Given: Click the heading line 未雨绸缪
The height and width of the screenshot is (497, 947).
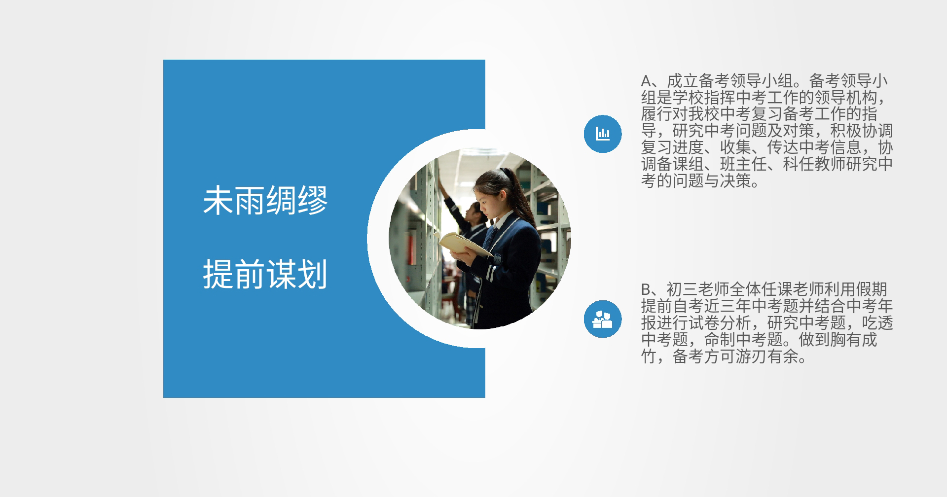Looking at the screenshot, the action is pyautogui.click(x=265, y=201).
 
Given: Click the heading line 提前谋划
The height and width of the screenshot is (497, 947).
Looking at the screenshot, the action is pyautogui.click(x=265, y=274).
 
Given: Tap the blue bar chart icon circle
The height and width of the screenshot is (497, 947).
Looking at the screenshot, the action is pyautogui.click(x=602, y=134).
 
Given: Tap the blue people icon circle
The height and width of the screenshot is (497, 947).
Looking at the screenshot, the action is pyautogui.click(x=602, y=319).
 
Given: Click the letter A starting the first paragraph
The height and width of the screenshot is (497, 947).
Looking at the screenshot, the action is pyautogui.click(x=647, y=81).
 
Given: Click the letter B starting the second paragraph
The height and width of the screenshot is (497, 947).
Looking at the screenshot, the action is pyautogui.click(x=647, y=289).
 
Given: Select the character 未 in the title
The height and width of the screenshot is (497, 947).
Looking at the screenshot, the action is pyautogui.click(x=219, y=201).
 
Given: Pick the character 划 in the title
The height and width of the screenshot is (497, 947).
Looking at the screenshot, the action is pyautogui.click(x=313, y=274).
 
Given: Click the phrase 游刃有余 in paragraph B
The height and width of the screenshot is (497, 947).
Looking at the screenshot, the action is pyautogui.click(x=766, y=356).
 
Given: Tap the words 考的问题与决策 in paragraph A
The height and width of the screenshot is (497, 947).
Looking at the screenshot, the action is pyautogui.click(x=696, y=181).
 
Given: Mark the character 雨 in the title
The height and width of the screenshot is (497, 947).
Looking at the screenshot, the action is pyautogui.click(x=250, y=201).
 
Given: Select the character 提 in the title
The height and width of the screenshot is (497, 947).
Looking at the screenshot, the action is pyautogui.click(x=219, y=274).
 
